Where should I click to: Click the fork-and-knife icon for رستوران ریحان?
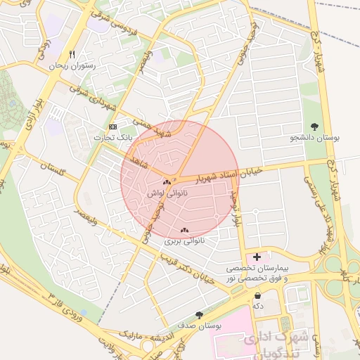click(72, 54)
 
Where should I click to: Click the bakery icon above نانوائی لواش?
click(167, 182)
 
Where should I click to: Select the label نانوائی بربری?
click(184, 240)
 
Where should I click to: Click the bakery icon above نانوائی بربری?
click(184, 230)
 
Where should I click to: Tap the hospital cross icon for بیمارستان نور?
click(257, 257)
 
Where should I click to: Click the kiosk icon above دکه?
click(258, 295)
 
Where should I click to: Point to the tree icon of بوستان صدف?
click(200, 315)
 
